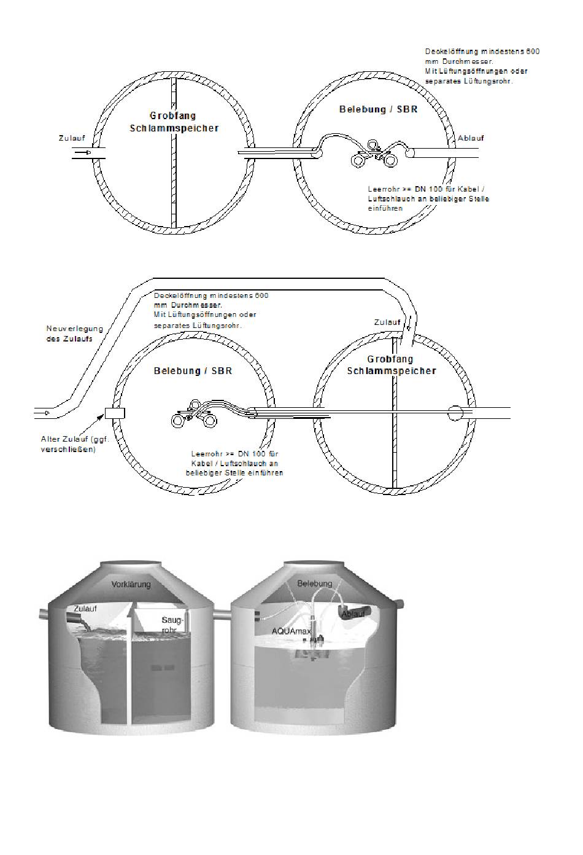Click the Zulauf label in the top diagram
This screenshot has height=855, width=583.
pyautogui.click(x=72, y=138)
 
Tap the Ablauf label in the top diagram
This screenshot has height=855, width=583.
pyautogui.click(x=471, y=138)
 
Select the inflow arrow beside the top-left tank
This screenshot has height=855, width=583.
pyautogui.click(x=83, y=152)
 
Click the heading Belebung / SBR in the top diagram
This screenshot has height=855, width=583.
pyautogui.click(x=378, y=109)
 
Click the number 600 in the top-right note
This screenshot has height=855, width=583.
pyautogui.click(x=533, y=52)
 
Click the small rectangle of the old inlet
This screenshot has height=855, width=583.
pyautogui.click(x=115, y=413)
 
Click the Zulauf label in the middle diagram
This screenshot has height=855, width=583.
pyautogui.click(x=387, y=322)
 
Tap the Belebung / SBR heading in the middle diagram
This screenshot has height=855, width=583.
pyautogui.click(x=193, y=371)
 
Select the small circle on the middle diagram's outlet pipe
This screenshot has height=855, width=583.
pyautogui.click(x=455, y=413)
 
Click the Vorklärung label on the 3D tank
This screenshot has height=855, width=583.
pyautogui.click(x=131, y=584)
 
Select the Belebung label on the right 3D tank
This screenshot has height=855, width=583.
pyautogui.click(x=314, y=584)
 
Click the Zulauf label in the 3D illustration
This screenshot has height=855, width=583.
pyautogui.click(x=85, y=608)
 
